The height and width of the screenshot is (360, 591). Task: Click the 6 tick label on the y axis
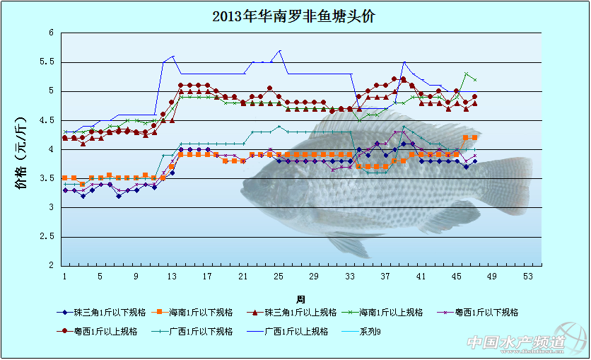[x=51, y=33]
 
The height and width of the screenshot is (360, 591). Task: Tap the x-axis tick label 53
[x=527, y=276]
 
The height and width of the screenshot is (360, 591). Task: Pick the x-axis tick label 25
[x=279, y=276]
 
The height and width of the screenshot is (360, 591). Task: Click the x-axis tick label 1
[x=64, y=276]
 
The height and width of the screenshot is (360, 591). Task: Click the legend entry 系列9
[x=370, y=330]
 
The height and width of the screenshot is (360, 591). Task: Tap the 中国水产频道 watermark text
[x=515, y=342]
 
